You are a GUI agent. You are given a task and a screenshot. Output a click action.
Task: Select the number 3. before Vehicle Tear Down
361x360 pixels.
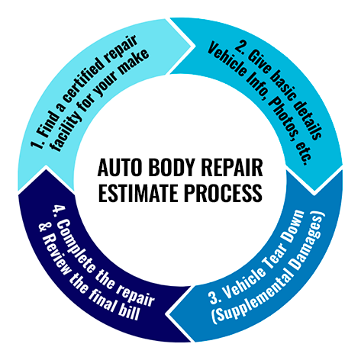tap(215, 297)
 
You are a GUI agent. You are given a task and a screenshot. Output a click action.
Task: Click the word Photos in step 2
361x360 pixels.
tap(282, 115)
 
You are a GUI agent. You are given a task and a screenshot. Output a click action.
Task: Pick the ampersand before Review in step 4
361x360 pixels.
tap(43, 228)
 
